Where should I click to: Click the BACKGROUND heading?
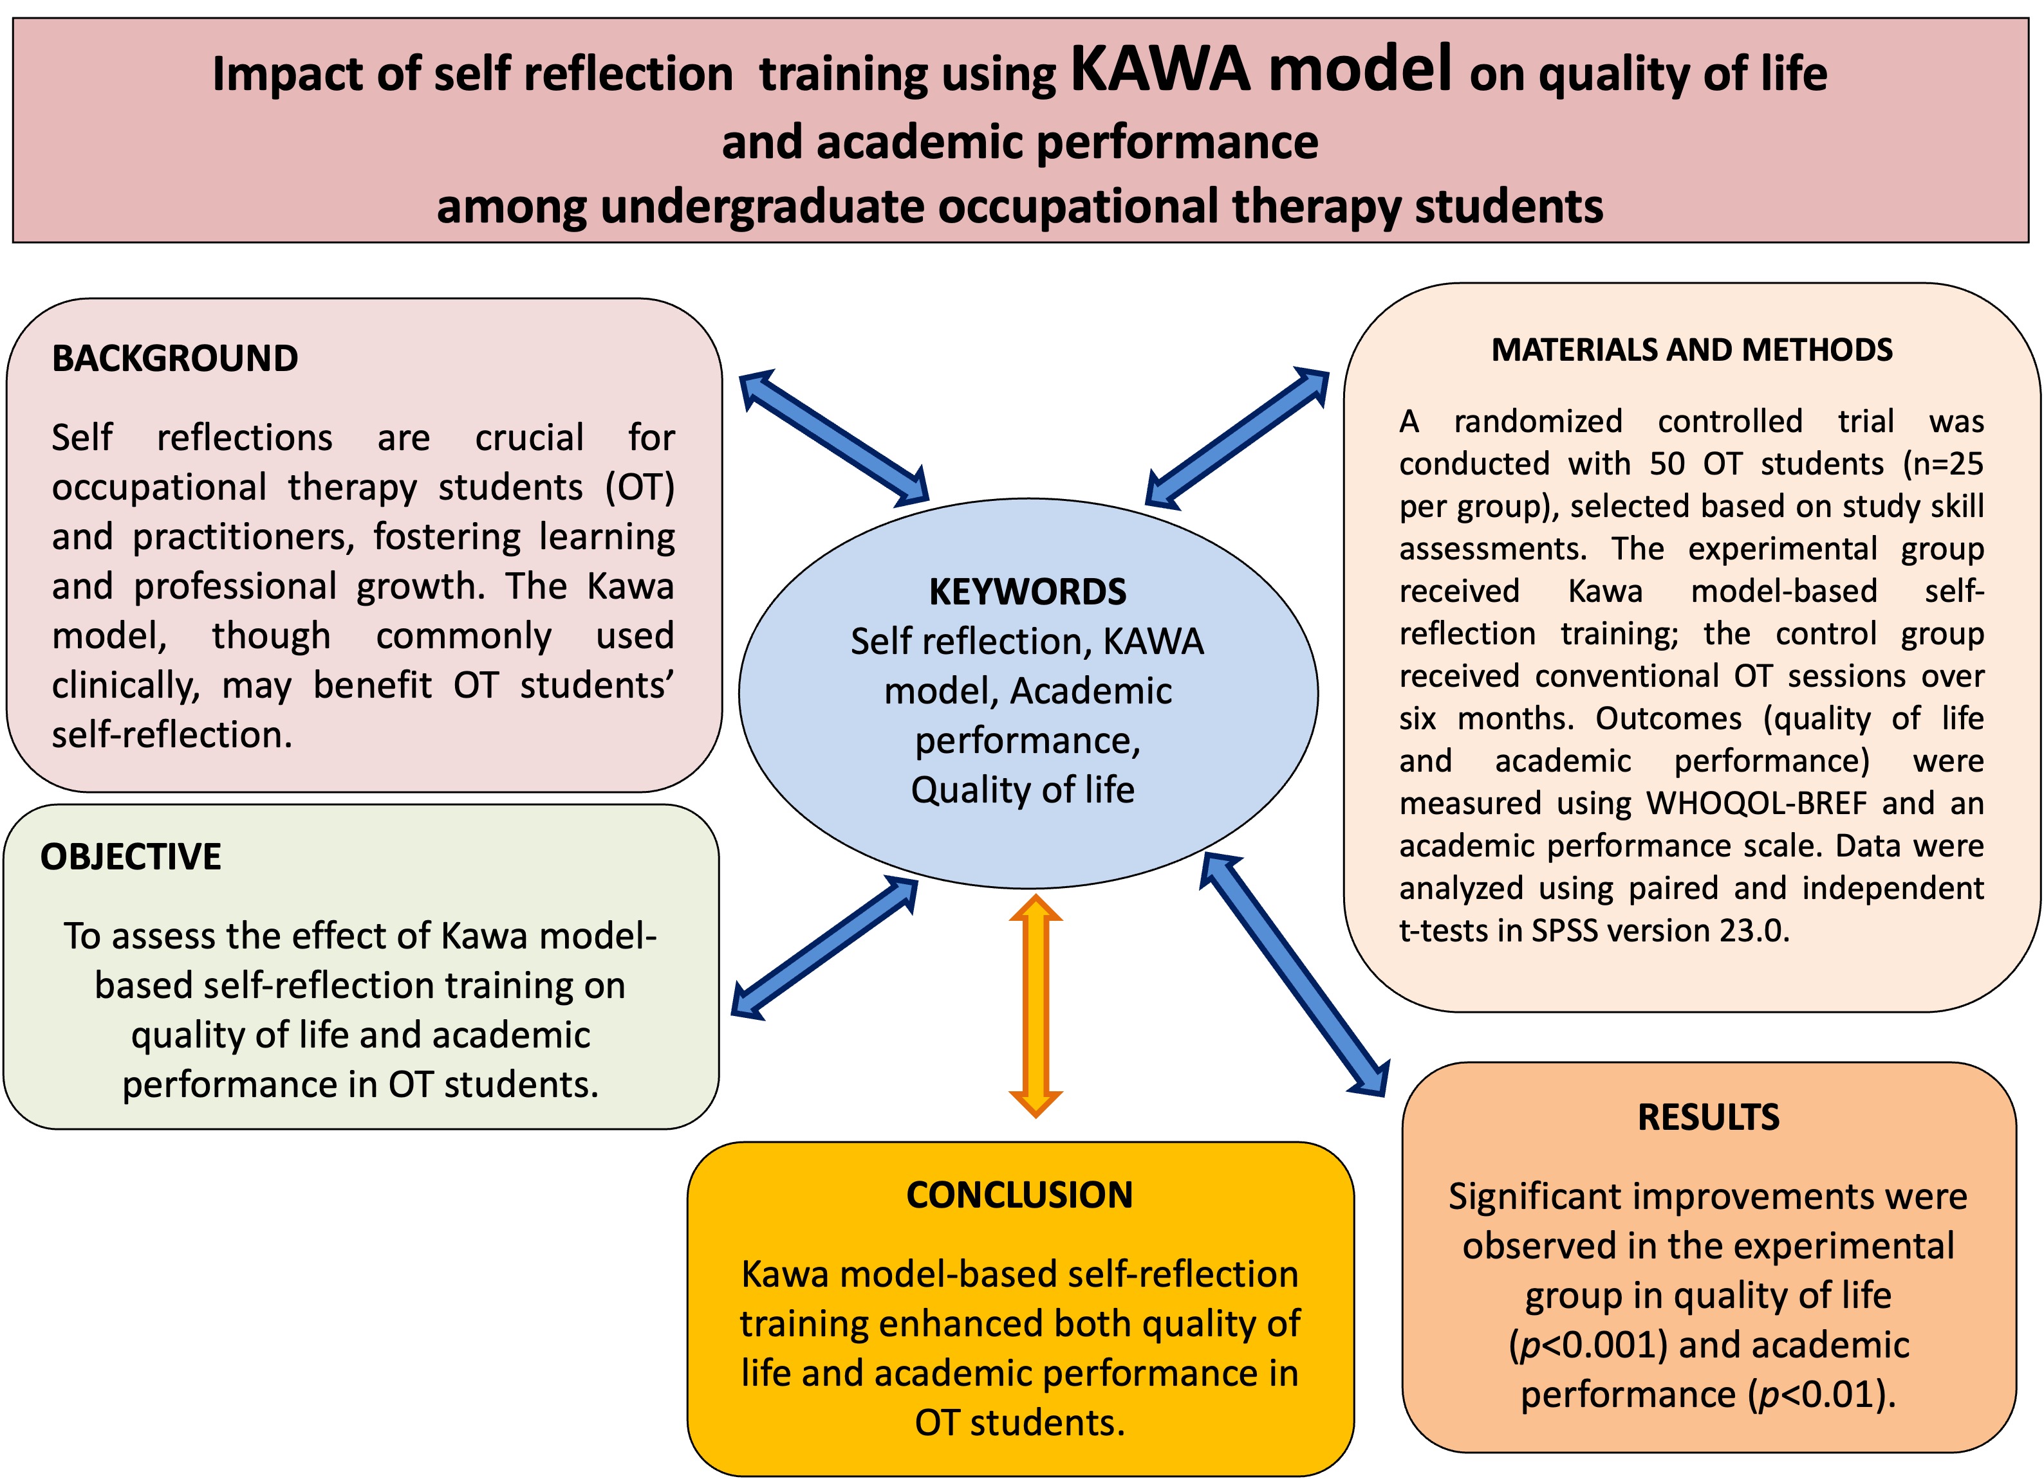[x=175, y=358]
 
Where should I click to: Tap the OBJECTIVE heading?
[x=131, y=857]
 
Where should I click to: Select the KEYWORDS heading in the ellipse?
[x=1027, y=592]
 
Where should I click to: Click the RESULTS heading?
[x=1708, y=1117]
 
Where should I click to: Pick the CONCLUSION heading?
[x=1019, y=1195]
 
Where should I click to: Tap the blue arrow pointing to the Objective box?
[x=824, y=948]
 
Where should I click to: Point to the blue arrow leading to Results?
[x=1294, y=974]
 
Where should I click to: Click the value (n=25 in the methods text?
[x=1943, y=464]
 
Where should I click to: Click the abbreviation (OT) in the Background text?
[x=639, y=487]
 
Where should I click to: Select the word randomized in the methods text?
[x=1538, y=422]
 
